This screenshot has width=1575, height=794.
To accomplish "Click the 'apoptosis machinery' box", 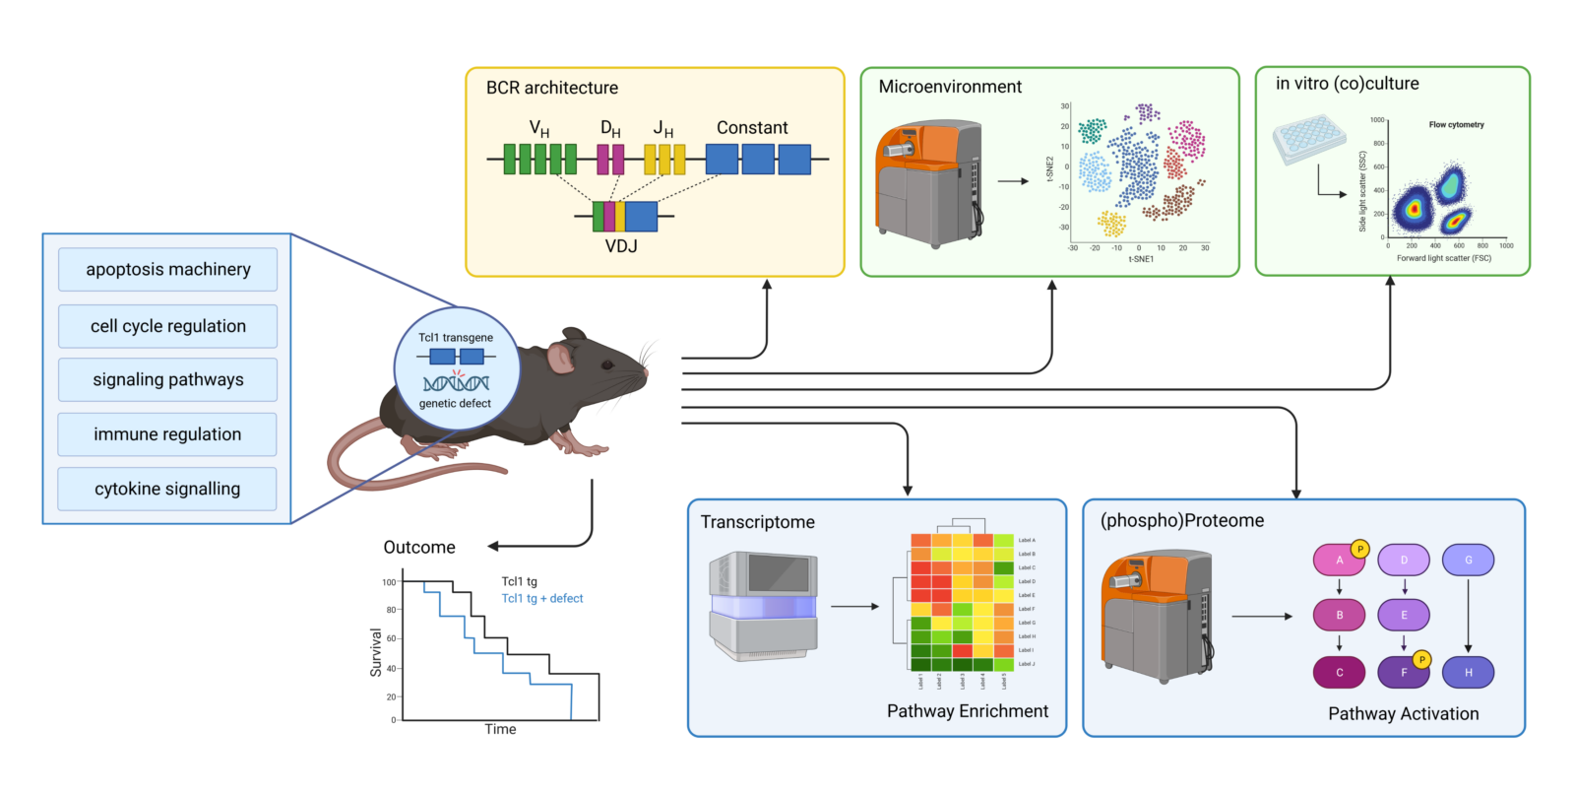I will [167, 269].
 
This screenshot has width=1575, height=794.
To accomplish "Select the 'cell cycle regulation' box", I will [167, 326].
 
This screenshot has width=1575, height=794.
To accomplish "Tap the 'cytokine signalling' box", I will [167, 489].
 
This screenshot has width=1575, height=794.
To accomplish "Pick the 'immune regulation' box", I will [167, 434].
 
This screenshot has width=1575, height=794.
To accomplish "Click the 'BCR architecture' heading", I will [552, 88].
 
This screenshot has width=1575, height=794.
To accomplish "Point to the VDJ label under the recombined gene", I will [621, 246].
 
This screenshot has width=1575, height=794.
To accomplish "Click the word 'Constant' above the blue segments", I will [752, 128].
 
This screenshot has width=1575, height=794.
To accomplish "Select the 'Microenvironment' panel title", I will [950, 87].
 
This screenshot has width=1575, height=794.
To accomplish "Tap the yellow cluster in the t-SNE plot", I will [1111, 224].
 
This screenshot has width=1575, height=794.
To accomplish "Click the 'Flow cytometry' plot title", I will [1456, 125].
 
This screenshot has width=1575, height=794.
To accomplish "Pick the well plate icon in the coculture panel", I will [1308, 138].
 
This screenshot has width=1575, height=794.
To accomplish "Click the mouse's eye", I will [607, 365].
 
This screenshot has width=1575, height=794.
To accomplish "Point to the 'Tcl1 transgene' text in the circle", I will [456, 338].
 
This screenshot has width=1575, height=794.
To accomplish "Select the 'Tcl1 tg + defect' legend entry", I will [542, 599].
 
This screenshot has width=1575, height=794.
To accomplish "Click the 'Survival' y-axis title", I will [376, 652].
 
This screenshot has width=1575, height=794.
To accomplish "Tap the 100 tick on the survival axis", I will [390, 582].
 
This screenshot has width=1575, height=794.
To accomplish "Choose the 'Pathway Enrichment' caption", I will [967, 711].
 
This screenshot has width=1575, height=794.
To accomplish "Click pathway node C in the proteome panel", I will [1339, 673].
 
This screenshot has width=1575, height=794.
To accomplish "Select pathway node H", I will [1468, 673].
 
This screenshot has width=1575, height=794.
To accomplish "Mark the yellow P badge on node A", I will [1359, 549].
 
